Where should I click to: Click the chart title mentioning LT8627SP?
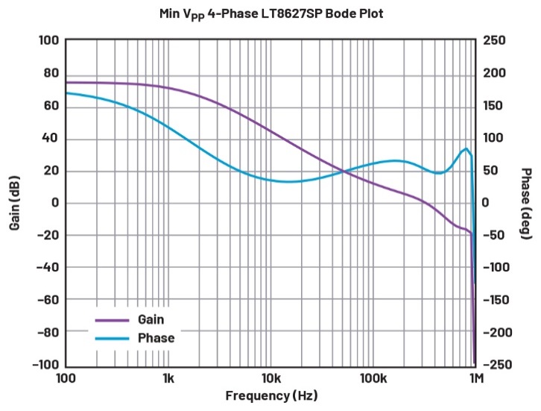coord(270,13)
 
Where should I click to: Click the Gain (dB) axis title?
coord(14,203)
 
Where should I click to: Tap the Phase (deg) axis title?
coord(525,203)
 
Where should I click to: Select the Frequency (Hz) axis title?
coord(270,396)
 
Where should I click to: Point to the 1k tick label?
coord(168,380)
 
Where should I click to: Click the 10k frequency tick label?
coord(270,380)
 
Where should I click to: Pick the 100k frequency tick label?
coord(372,380)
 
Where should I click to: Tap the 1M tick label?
coord(475,380)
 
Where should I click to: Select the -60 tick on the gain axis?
coord(48,300)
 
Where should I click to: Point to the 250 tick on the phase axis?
coord(495,40)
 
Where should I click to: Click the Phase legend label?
coord(156,338)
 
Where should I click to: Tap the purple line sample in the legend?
coord(112,320)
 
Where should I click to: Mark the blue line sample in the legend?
coord(112,339)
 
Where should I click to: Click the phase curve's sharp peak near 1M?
coord(466,148)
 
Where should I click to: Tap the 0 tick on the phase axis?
coord(486,203)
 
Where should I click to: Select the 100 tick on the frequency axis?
coord(66,380)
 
